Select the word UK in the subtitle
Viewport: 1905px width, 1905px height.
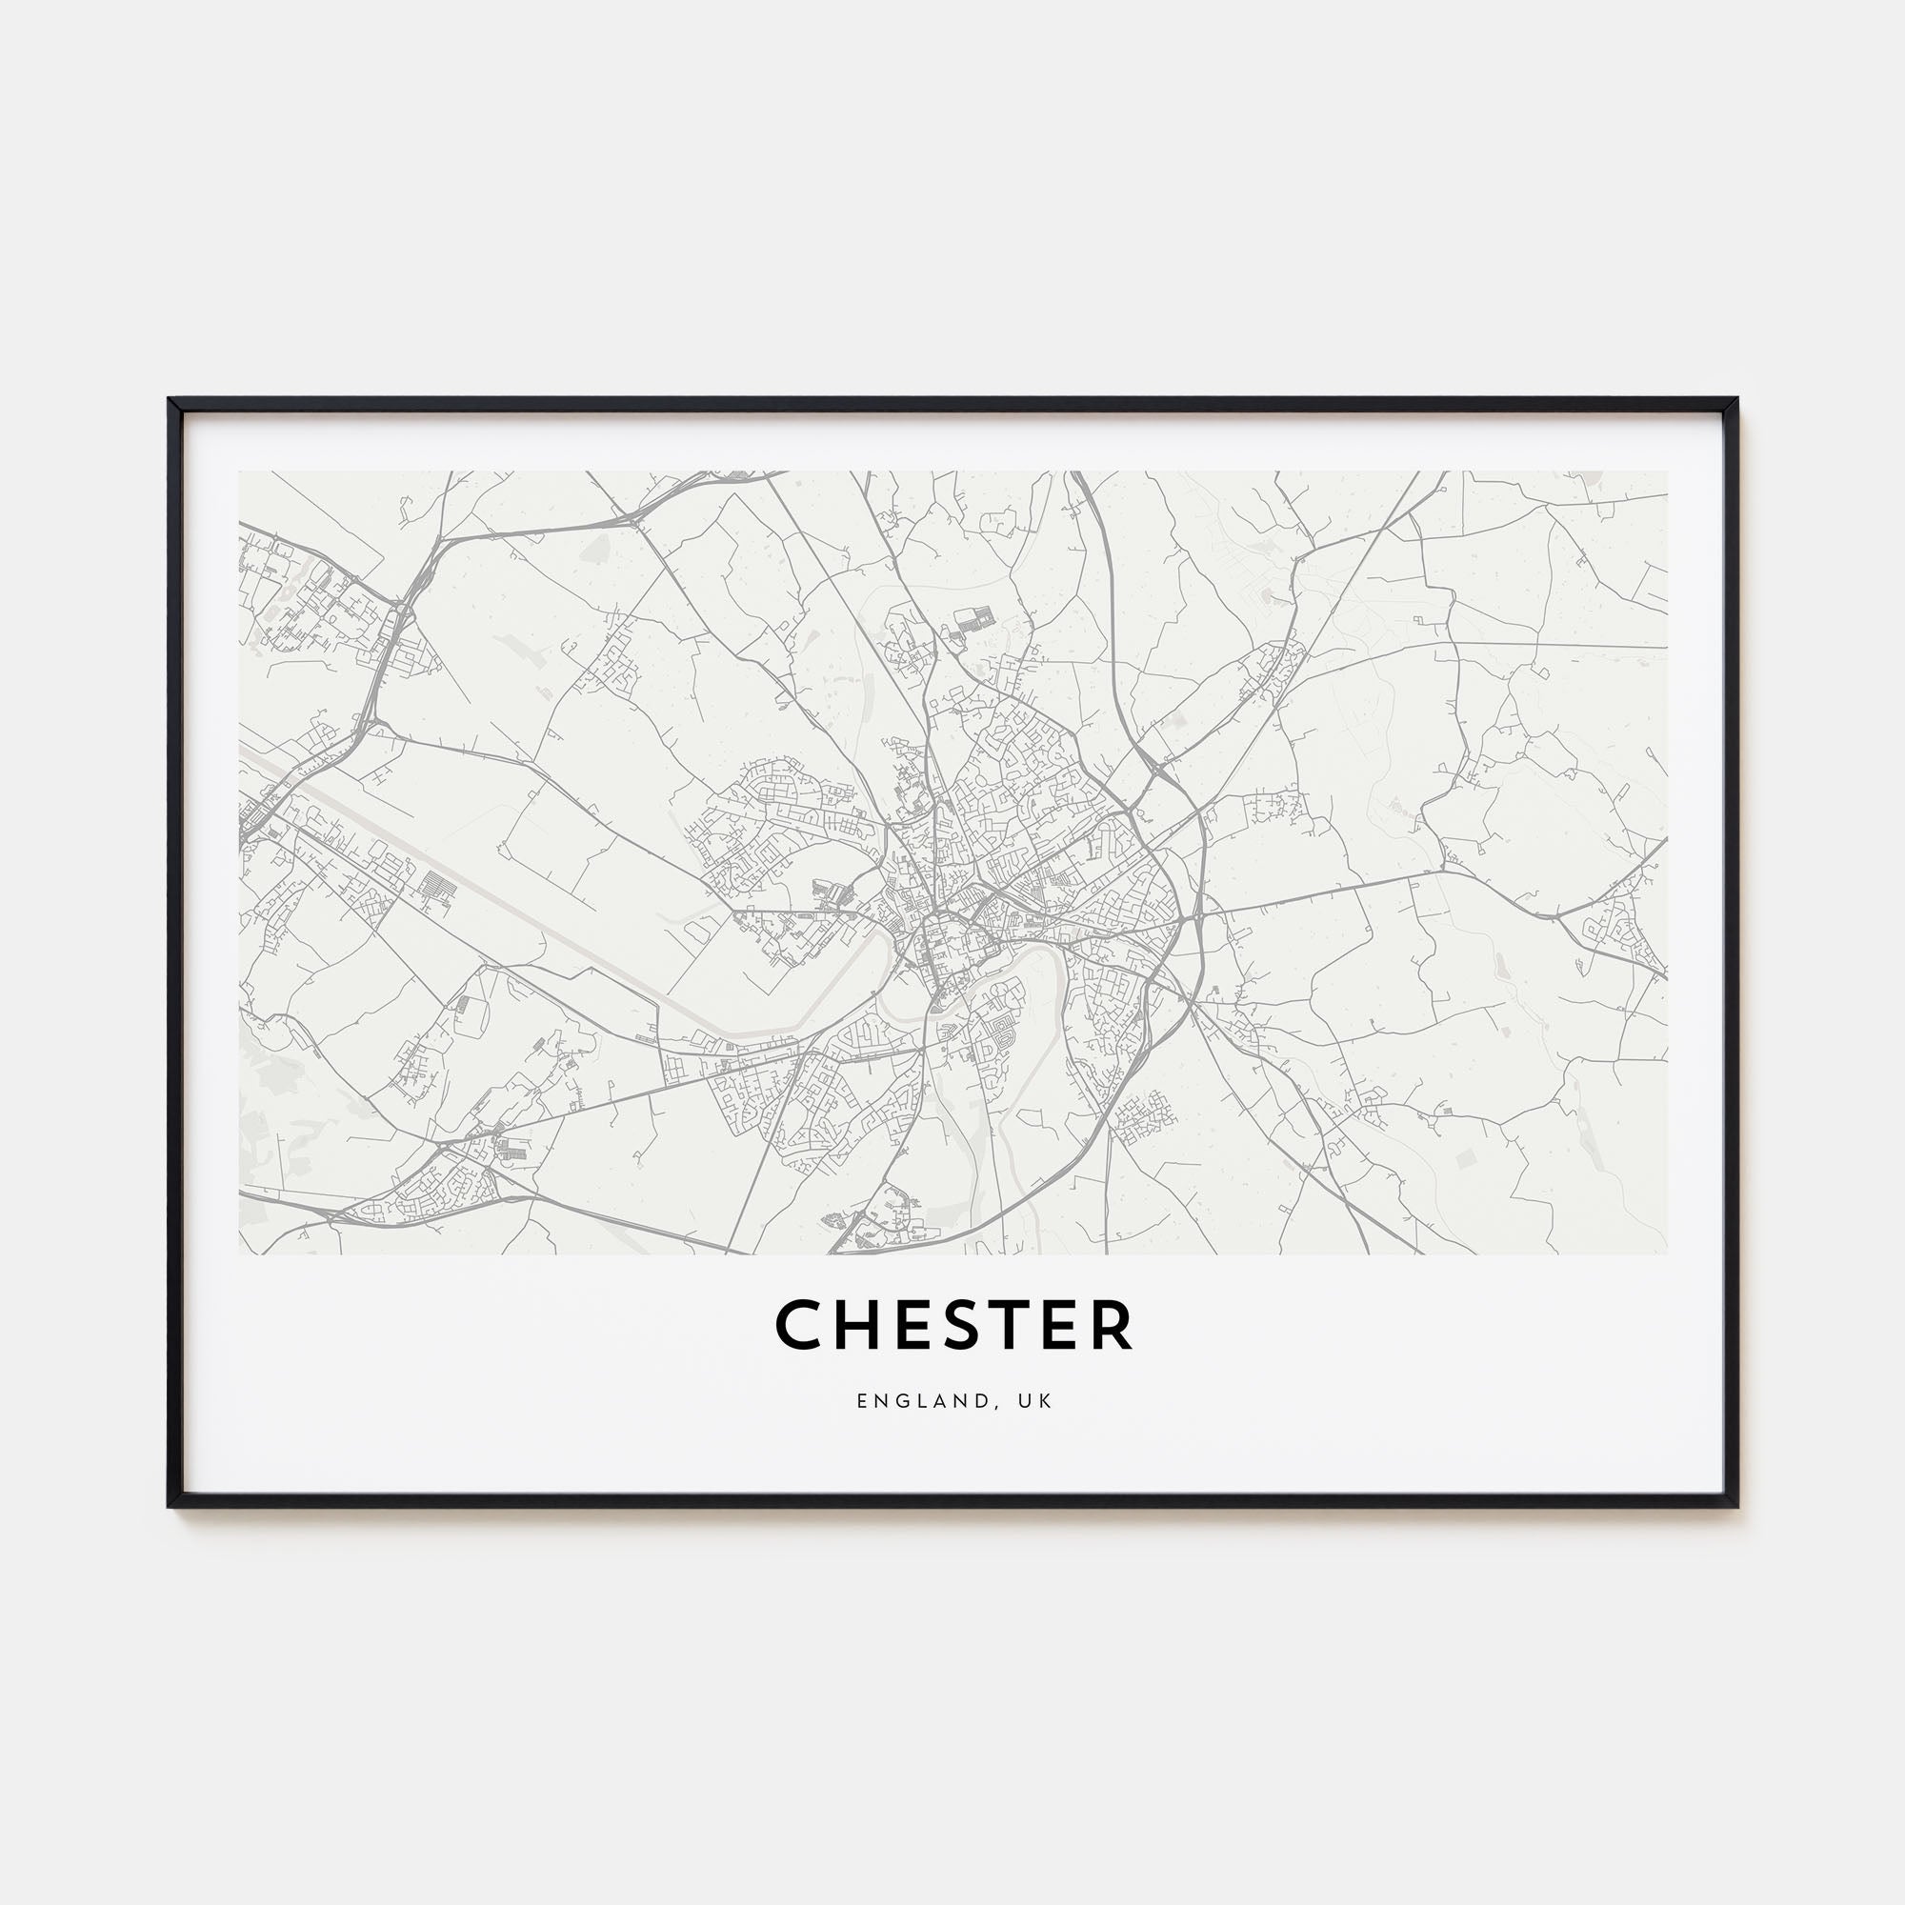point(1039,1401)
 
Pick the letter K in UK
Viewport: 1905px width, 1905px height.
point(1048,1401)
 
